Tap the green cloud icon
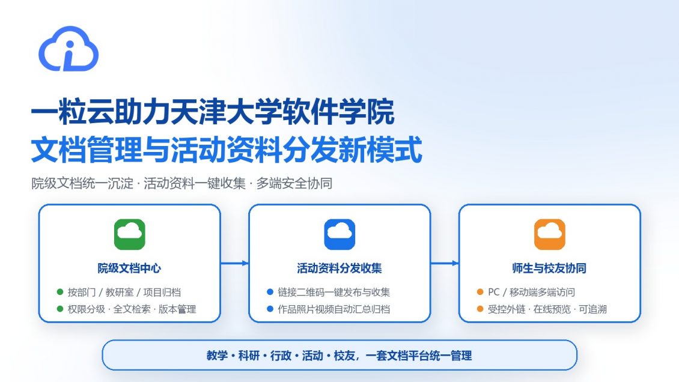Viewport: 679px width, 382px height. click(129, 234)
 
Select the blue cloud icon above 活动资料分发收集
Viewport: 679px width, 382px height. click(339, 234)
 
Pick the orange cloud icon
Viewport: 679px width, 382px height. click(550, 234)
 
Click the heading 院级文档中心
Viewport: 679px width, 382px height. click(129, 268)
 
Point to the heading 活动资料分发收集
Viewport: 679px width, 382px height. click(339, 268)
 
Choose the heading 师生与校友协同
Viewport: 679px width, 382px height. click(549, 268)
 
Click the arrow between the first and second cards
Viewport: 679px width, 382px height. click(235, 263)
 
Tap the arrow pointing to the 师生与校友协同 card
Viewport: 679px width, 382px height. click(445, 263)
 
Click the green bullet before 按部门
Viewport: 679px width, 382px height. click(59, 292)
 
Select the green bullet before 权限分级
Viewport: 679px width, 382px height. click(59, 309)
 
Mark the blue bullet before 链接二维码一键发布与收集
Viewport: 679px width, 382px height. click(270, 292)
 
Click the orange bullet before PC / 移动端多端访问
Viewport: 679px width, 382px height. click(480, 292)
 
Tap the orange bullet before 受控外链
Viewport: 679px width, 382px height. click(480, 309)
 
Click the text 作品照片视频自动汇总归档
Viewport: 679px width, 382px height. click(334, 309)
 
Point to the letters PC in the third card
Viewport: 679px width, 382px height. click(494, 292)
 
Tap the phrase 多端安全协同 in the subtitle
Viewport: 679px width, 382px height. click(294, 183)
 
